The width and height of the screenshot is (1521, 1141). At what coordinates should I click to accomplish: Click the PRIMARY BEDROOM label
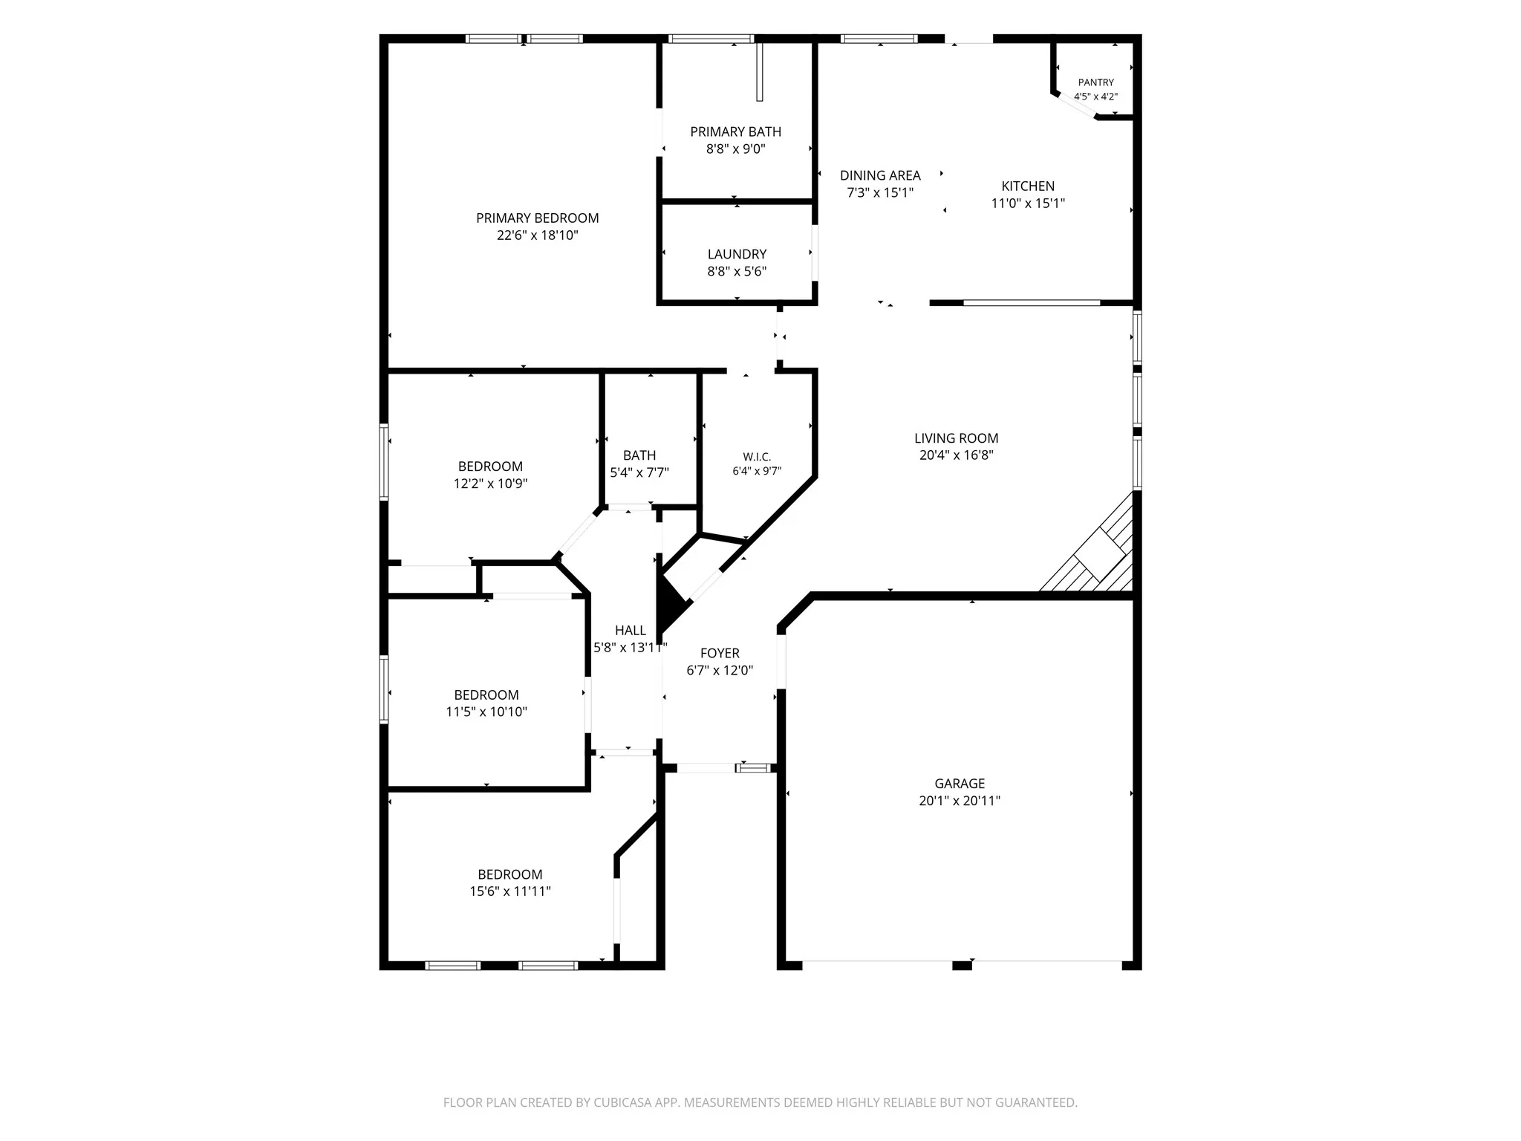(537, 218)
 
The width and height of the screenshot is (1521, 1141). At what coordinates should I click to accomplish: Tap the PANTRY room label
(1095, 82)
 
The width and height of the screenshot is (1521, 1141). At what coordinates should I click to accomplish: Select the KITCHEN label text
(1028, 186)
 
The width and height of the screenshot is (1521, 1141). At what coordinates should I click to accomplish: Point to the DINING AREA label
(880, 175)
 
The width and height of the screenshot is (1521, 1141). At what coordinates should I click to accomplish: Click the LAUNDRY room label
(737, 254)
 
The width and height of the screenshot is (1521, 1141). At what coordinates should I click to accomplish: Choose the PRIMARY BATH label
(735, 131)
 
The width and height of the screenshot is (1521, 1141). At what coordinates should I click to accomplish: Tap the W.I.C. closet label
(757, 457)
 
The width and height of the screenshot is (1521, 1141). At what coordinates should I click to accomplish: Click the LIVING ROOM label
(956, 438)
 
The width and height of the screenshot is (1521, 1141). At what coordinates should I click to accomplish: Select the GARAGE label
(960, 783)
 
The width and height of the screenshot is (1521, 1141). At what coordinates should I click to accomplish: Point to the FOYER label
(720, 653)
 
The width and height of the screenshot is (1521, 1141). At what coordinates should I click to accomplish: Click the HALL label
(630, 631)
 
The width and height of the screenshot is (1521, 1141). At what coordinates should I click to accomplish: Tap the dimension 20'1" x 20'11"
(960, 801)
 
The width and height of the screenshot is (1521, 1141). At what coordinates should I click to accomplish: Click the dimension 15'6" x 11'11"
(510, 891)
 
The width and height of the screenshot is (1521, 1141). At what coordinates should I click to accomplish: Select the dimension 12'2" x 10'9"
(490, 484)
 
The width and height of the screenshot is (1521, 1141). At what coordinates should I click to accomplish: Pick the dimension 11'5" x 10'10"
(486, 712)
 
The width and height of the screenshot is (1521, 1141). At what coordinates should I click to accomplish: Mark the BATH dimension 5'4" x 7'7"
(639, 472)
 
